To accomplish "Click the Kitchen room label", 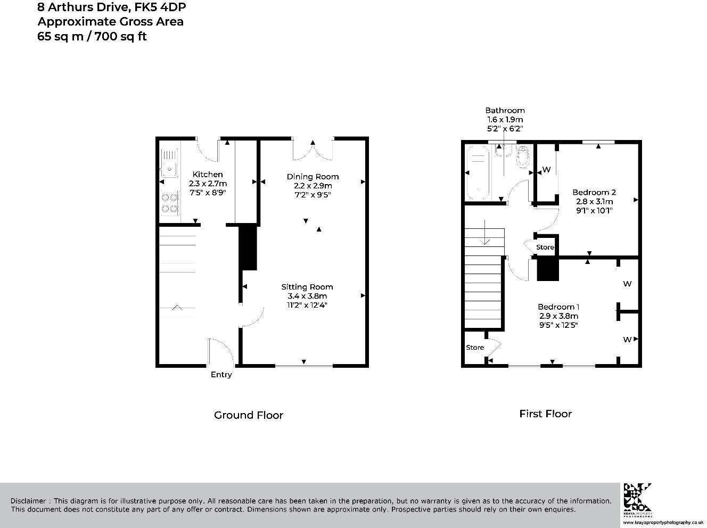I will click(x=208, y=175).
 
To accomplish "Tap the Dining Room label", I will click(x=313, y=177).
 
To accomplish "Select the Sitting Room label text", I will click(x=307, y=287).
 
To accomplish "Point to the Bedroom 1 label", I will click(x=558, y=307).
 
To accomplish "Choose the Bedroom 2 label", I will click(x=594, y=192).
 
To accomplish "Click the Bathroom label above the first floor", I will click(x=505, y=111).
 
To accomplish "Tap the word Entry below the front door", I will click(x=221, y=375).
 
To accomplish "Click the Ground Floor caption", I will click(x=248, y=415).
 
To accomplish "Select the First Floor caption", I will click(x=545, y=414).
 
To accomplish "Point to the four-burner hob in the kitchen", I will click(x=169, y=203).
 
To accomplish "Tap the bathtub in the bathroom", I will click(x=478, y=173).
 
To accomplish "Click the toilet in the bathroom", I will click(x=523, y=156).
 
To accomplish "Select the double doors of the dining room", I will click(x=313, y=150).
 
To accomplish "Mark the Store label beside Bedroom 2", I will click(x=545, y=247).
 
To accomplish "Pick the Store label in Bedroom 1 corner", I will click(x=475, y=348).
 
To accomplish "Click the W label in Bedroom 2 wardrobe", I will click(x=546, y=170).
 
